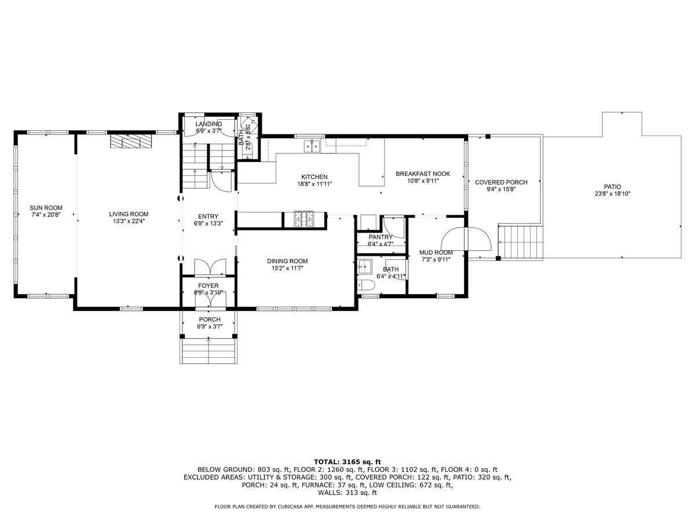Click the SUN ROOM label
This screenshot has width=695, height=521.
tap(46, 208)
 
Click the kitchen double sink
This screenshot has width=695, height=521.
tap(311, 146)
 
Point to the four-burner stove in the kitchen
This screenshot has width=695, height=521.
tap(303, 219)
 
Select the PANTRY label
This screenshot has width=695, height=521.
tap(381, 237)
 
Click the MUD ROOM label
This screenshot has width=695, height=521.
tap(436, 252)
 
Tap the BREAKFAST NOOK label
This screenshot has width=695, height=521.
tap(422, 174)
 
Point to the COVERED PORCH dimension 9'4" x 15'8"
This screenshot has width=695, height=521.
tap(501, 189)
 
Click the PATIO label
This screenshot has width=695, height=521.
tap(612, 186)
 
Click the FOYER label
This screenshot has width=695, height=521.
tap(209, 285)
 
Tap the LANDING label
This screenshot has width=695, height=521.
tap(209, 124)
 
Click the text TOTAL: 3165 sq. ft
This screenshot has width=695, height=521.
tap(348, 461)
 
